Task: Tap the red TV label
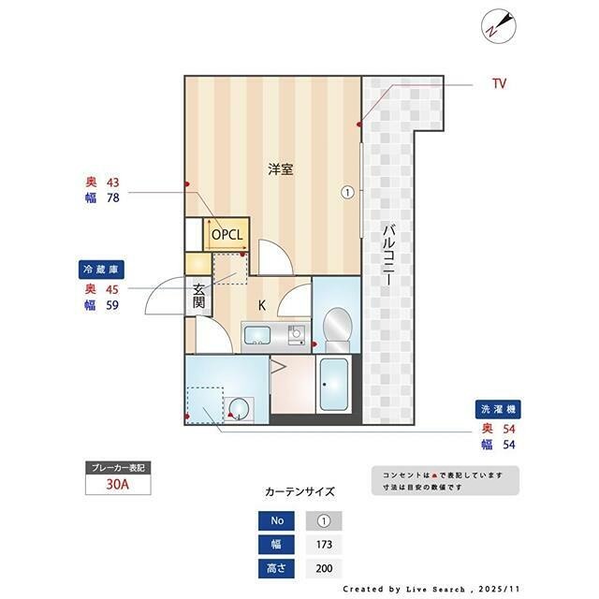click(x=499, y=84)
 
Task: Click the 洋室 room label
click(x=280, y=169)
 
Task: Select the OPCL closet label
click(x=227, y=234)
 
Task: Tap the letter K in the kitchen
click(x=262, y=305)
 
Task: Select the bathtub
click(x=333, y=387)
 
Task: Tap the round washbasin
click(x=240, y=407)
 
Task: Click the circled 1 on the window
click(x=347, y=193)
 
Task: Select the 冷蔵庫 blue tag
click(x=101, y=270)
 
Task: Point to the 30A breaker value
click(x=117, y=486)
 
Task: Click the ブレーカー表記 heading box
click(x=117, y=467)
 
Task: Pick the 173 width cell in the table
click(x=324, y=545)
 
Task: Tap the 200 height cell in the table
click(x=324, y=568)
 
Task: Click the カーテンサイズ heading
click(x=299, y=490)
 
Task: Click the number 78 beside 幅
click(x=112, y=198)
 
